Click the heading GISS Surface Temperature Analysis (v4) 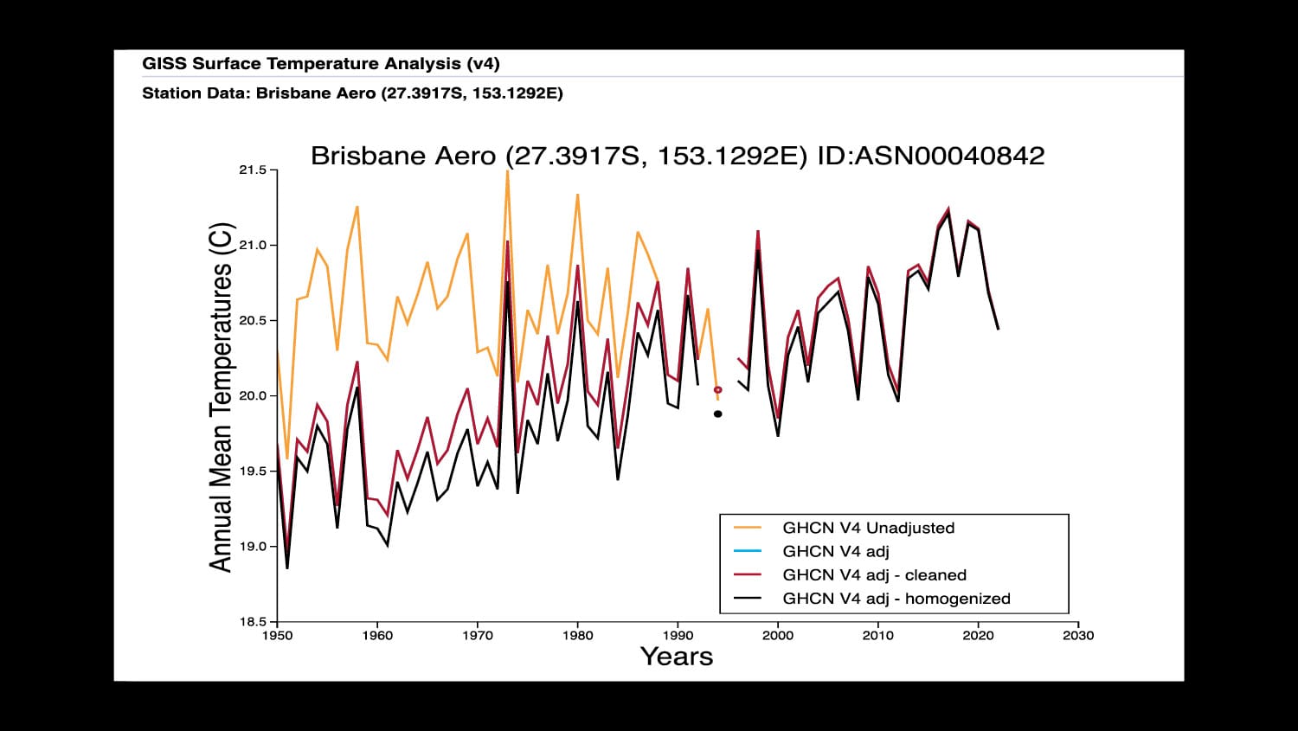coord(320,64)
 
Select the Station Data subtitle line coord(352,93)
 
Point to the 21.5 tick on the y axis coord(253,170)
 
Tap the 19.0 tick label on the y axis coord(253,547)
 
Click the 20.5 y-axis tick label coord(253,321)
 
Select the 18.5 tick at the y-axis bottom coord(253,622)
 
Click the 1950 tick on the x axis coord(277,636)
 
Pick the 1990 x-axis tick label coord(678,636)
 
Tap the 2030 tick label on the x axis coord(1078,636)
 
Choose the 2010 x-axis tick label coord(877,636)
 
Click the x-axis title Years coord(677,657)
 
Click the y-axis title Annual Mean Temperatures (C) coord(222,397)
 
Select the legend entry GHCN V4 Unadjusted coord(868,528)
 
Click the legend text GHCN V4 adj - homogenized coord(896,599)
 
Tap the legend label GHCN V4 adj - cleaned coord(874,575)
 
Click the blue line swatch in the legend coord(747,551)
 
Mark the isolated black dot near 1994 coord(717,414)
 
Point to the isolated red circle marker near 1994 coord(717,390)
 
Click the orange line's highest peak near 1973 coord(507,173)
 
